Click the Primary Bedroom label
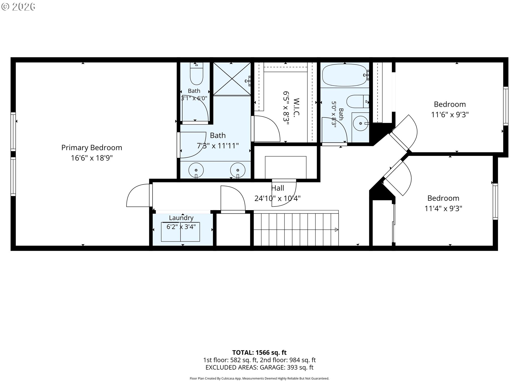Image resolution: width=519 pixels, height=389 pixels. point(92,148)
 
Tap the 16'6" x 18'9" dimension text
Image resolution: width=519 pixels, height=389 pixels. point(92,158)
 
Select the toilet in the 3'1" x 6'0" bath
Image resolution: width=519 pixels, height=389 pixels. point(197,73)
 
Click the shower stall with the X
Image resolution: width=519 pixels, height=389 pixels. point(232,79)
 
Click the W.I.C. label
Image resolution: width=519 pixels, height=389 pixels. point(296,107)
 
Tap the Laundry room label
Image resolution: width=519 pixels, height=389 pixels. point(181,218)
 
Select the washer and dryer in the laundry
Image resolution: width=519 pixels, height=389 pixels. point(181,232)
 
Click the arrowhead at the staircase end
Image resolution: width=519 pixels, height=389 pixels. point(337,230)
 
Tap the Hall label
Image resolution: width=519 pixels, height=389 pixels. point(278,188)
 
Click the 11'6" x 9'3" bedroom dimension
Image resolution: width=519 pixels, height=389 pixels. point(450,115)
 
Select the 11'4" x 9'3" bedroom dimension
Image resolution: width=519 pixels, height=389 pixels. point(443,209)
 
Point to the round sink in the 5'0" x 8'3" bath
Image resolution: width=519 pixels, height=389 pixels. point(361,123)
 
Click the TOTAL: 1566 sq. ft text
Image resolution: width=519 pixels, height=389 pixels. point(259,353)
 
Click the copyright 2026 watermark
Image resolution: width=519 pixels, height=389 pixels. point(18,7)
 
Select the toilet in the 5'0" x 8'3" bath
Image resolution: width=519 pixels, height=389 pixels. point(358,101)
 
